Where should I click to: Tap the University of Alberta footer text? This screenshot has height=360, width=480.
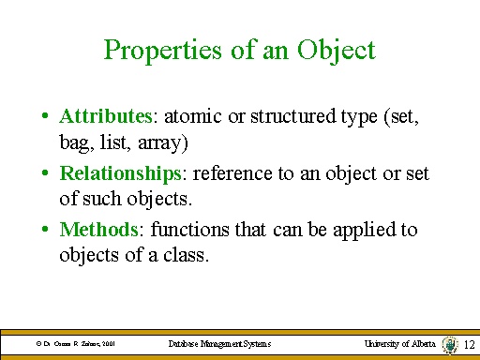tap(400, 345)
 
